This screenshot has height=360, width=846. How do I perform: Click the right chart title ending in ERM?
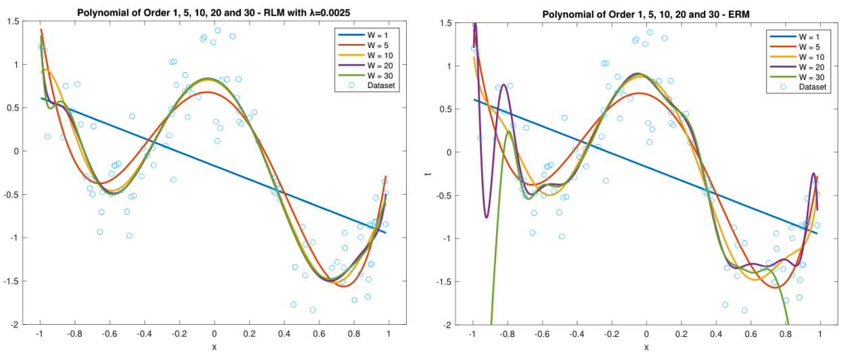click(646, 14)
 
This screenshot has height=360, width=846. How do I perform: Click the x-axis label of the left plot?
click(215, 347)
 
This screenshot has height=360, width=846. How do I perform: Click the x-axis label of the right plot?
click(646, 347)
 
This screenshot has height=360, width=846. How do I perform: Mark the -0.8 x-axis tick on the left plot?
click(75, 335)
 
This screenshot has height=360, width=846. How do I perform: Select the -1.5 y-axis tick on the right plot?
click(444, 282)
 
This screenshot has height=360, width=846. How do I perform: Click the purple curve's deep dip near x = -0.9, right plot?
click(486, 217)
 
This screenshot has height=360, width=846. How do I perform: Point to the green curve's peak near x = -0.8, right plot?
click(508, 131)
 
